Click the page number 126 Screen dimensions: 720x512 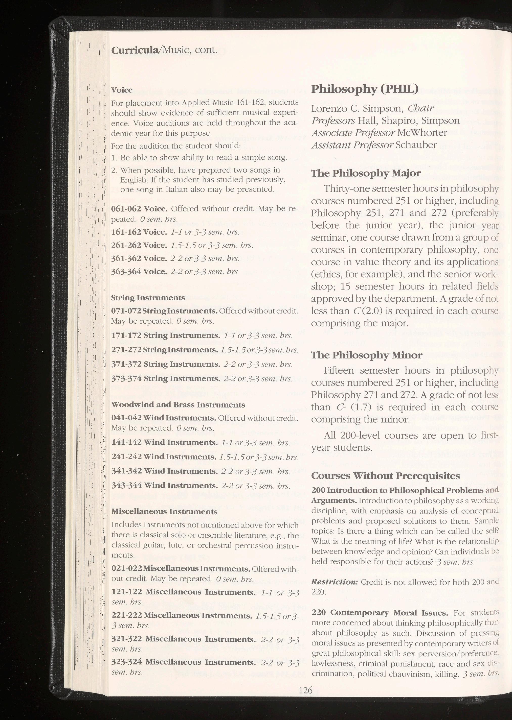pyautogui.click(x=305, y=688)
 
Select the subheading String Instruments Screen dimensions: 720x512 pyautogui.click(x=148, y=298)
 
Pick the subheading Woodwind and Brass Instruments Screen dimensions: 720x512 pyautogui.click(x=178, y=405)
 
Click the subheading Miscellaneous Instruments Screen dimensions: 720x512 pyautogui.click(x=164, y=512)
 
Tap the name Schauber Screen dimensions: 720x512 pyautogui.click(x=416, y=145)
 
